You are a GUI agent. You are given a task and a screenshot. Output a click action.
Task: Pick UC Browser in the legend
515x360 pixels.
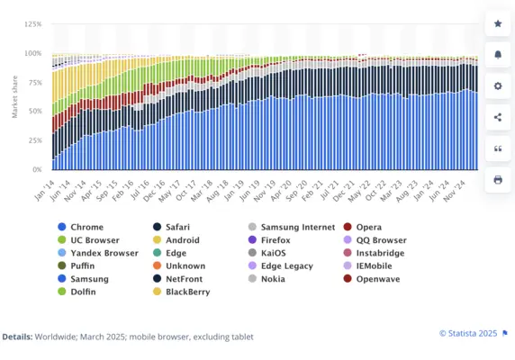pos(94,240)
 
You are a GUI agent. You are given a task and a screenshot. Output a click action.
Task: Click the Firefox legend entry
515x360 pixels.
pos(276,240)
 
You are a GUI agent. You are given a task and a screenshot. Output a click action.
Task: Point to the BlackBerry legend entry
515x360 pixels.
pos(187,291)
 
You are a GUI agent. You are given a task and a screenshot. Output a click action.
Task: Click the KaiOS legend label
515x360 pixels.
pos(274,253)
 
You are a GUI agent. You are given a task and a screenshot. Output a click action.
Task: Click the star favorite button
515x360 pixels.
pos(498,22)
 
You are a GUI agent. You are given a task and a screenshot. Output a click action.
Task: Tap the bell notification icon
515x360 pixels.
pos(498,54)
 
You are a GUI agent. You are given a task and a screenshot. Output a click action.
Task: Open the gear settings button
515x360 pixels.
pos(498,85)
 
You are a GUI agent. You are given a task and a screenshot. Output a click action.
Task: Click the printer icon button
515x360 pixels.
pos(498,179)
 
